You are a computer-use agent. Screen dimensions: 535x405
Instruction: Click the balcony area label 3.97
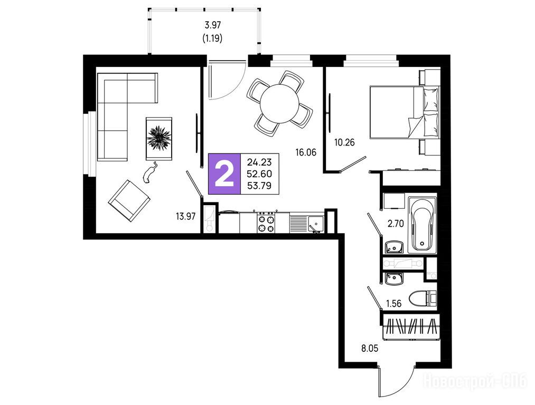tap(212, 25)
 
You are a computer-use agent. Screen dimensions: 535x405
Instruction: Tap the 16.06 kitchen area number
tap(306, 152)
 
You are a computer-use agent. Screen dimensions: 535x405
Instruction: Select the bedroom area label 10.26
tap(344, 142)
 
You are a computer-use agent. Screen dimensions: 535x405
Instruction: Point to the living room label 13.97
tap(185, 216)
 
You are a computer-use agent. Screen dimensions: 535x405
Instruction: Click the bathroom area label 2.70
tap(396, 224)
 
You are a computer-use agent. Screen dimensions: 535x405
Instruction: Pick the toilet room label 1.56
tap(393, 303)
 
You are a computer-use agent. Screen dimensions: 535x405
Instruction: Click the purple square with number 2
tap(224, 174)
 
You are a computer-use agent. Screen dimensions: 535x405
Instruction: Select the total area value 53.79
tap(260, 186)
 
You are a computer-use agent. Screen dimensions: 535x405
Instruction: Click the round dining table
tap(279, 104)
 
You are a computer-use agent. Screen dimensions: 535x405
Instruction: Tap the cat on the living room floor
tap(150, 172)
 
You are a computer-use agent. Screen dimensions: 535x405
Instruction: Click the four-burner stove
tap(266, 222)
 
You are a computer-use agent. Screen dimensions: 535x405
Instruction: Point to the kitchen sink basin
tap(316, 223)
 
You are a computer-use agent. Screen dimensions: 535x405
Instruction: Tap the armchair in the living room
tap(129, 200)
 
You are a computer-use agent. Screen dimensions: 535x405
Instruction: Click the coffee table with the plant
tap(159, 138)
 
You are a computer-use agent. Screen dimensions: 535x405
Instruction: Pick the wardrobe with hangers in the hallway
tap(411, 327)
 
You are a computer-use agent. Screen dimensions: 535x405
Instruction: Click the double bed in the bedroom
tap(405, 112)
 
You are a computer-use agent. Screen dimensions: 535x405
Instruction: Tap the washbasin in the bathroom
tap(394, 247)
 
